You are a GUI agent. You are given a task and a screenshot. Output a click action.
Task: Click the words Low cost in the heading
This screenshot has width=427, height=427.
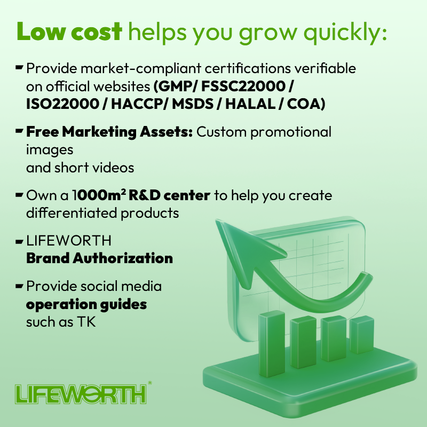pos(70,32)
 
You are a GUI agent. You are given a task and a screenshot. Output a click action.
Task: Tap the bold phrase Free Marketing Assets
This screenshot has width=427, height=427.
pos(109,131)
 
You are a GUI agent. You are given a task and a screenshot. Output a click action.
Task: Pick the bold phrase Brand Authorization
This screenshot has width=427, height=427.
pos(99,258)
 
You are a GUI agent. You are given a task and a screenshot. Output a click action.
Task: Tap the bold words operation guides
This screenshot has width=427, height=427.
pos(86,305)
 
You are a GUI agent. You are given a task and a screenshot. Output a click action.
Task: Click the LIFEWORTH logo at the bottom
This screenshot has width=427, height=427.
pos(80,394)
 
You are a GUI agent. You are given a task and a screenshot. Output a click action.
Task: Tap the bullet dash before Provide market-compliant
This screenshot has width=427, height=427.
pos(19,67)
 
